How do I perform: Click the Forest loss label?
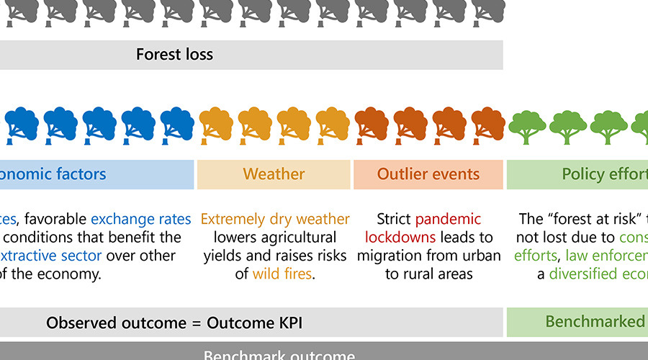click(x=174, y=55)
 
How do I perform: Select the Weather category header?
click(x=274, y=174)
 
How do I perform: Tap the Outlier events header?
click(x=428, y=174)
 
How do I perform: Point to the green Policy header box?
click(x=577, y=174)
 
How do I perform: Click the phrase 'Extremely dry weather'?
click(x=275, y=219)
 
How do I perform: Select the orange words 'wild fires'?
click(x=282, y=274)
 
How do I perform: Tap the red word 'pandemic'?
click(x=447, y=219)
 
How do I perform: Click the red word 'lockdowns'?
click(x=400, y=237)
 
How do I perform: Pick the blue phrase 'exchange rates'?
click(x=141, y=219)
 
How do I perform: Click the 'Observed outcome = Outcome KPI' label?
click(x=174, y=323)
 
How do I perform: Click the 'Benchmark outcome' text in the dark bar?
click(x=279, y=355)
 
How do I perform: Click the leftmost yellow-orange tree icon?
click(x=215, y=124)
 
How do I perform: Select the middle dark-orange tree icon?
click(x=410, y=124)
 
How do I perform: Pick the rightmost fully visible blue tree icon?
click(x=177, y=124)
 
